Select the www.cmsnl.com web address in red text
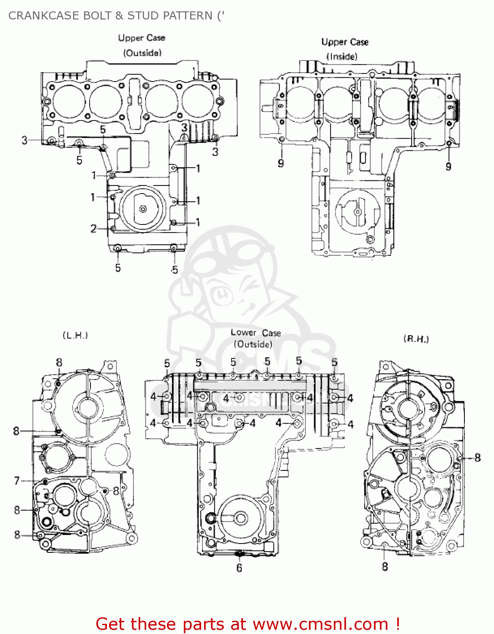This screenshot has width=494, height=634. [320, 624]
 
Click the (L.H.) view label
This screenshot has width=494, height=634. [75, 335]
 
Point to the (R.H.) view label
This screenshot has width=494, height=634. [416, 339]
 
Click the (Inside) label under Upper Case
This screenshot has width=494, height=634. [341, 56]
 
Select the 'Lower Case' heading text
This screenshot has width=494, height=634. [256, 333]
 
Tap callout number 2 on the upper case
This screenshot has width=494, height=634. [93, 229]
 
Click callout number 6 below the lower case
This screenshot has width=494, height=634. [239, 568]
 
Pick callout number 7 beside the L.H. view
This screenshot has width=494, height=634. [17, 481]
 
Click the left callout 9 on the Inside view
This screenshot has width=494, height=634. [281, 163]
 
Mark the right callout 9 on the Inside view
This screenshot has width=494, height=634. [448, 167]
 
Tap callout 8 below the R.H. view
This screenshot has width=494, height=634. [385, 566]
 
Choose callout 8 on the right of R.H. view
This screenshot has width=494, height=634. [478, 457]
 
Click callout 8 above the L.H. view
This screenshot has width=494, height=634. [59, 362]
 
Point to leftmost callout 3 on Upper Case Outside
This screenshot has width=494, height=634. [25, 140]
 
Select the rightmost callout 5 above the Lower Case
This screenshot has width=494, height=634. [334, 362]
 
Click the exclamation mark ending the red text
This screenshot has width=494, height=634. [397, 624]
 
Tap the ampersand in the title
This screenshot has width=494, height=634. [119, 16]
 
